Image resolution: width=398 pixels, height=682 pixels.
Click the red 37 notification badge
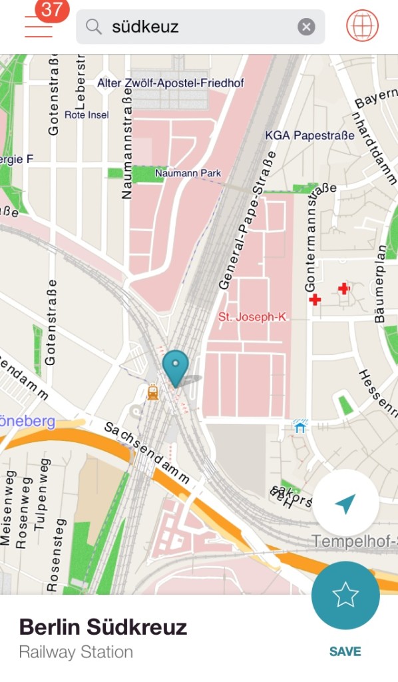click(x=52, y=10)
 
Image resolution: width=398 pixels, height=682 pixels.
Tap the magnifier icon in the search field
click(x=95, y=27)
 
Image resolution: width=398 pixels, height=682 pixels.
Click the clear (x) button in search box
click(x=305, y=27)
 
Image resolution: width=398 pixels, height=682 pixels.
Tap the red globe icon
click(x=362, y=26)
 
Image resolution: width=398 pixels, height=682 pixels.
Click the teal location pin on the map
click(x=176, y=367)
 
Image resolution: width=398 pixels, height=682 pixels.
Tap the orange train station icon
click(x=153, y=392)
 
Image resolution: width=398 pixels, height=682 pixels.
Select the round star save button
click(x=345, y=595)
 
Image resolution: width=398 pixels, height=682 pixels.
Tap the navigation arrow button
click(x=345, y=504)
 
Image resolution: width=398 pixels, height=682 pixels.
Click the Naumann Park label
click(x=188, y=174)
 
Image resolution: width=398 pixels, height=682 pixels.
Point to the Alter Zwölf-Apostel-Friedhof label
click(x=170, y=83)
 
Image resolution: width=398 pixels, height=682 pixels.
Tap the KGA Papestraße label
click(x=309, y=136)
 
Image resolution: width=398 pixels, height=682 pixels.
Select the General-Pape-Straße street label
click(x=246, y=220)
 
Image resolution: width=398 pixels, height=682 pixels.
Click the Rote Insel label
click(x=86, y=115)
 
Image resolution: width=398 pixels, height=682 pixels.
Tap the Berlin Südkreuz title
click(x=102, y=627)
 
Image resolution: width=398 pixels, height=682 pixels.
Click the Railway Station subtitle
click(x=76, y=652)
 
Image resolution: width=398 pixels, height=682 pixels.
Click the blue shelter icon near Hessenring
click(x=300, y=426)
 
